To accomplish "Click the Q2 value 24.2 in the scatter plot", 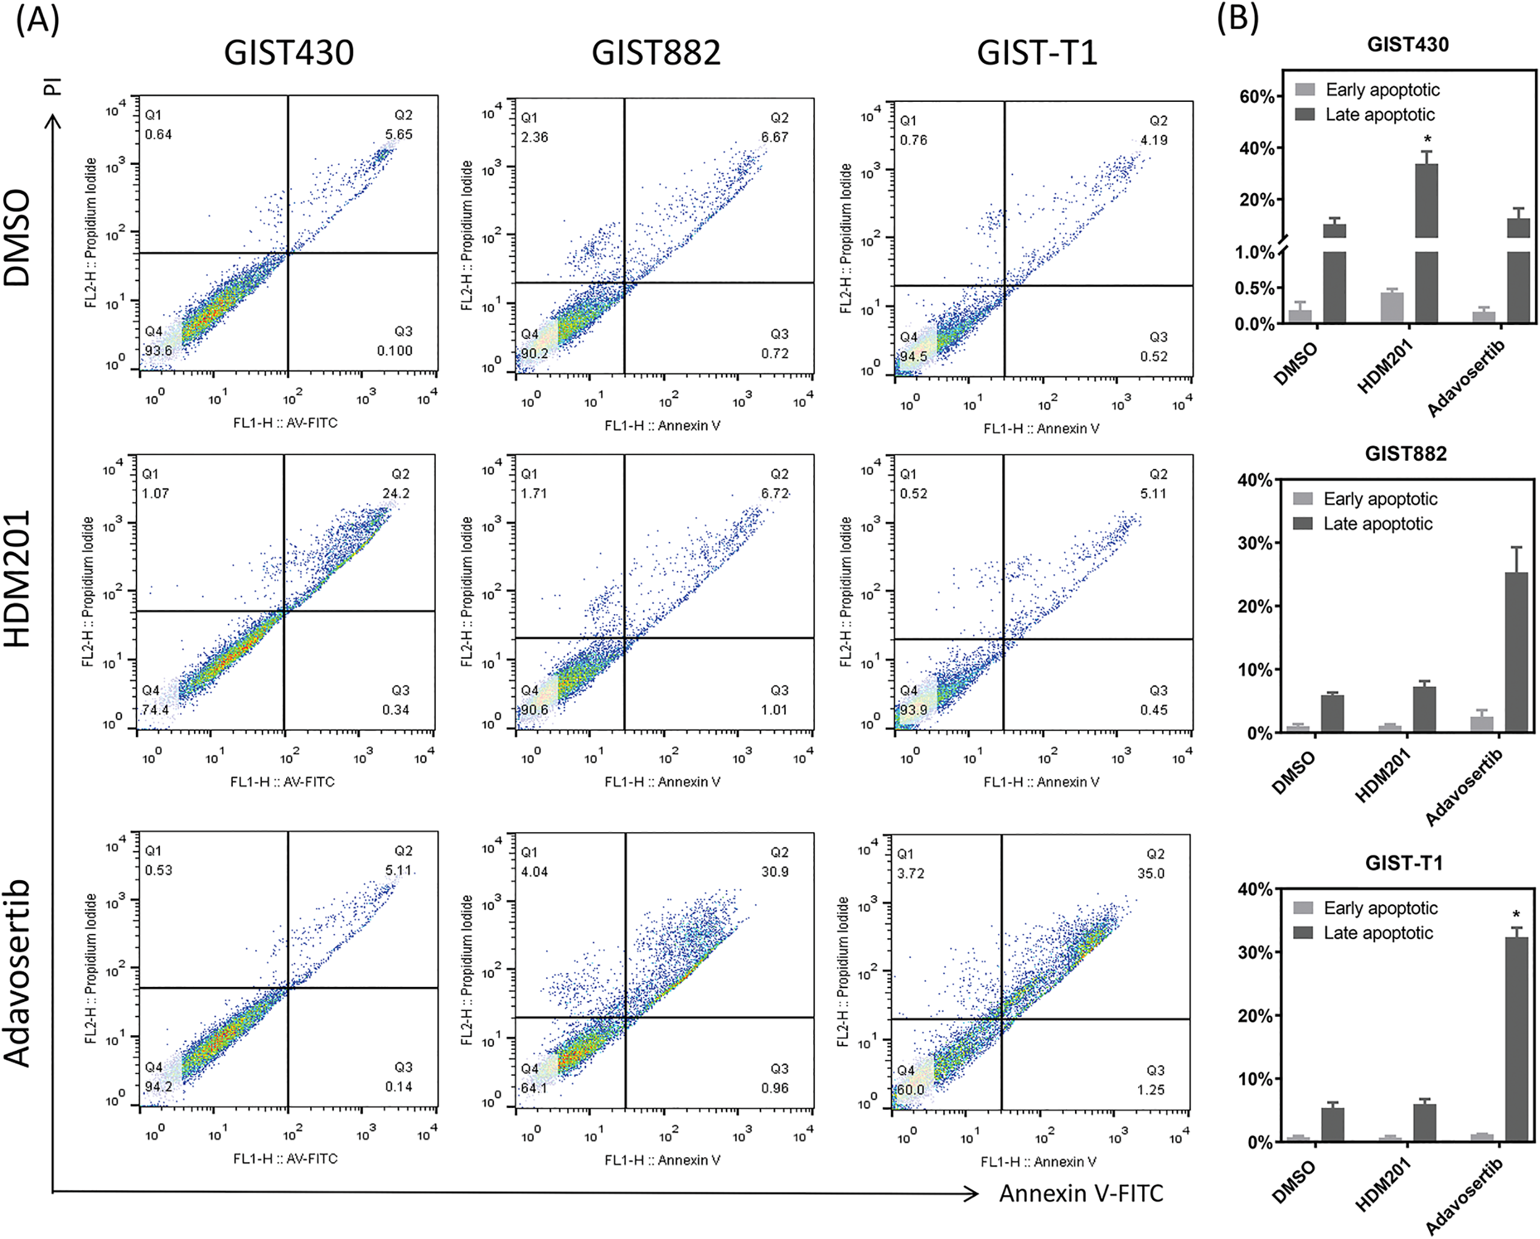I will click(396, 493).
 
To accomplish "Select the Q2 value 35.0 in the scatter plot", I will click(1151, 873).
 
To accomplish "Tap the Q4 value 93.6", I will click(159, 350).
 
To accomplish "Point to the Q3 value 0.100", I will click(395, 350).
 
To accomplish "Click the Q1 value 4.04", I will click(534, 872).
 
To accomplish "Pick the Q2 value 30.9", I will click(775, 872).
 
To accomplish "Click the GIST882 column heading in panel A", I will click(656, 53).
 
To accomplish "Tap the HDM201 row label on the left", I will click(18, 578).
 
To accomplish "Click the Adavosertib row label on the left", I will click(18, 973).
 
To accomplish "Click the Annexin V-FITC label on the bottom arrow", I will click(1080, 1194).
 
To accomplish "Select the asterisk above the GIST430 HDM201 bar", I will click(1427, 139).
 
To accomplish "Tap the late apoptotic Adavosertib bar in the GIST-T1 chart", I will click(1516, 1039).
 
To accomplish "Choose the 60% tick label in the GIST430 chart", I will click(1256, 96).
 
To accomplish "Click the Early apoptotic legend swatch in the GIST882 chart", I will click(1303, 498).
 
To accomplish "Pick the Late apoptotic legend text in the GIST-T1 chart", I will click(1378, 933).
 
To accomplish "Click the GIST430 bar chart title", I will click(1407, 44).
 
